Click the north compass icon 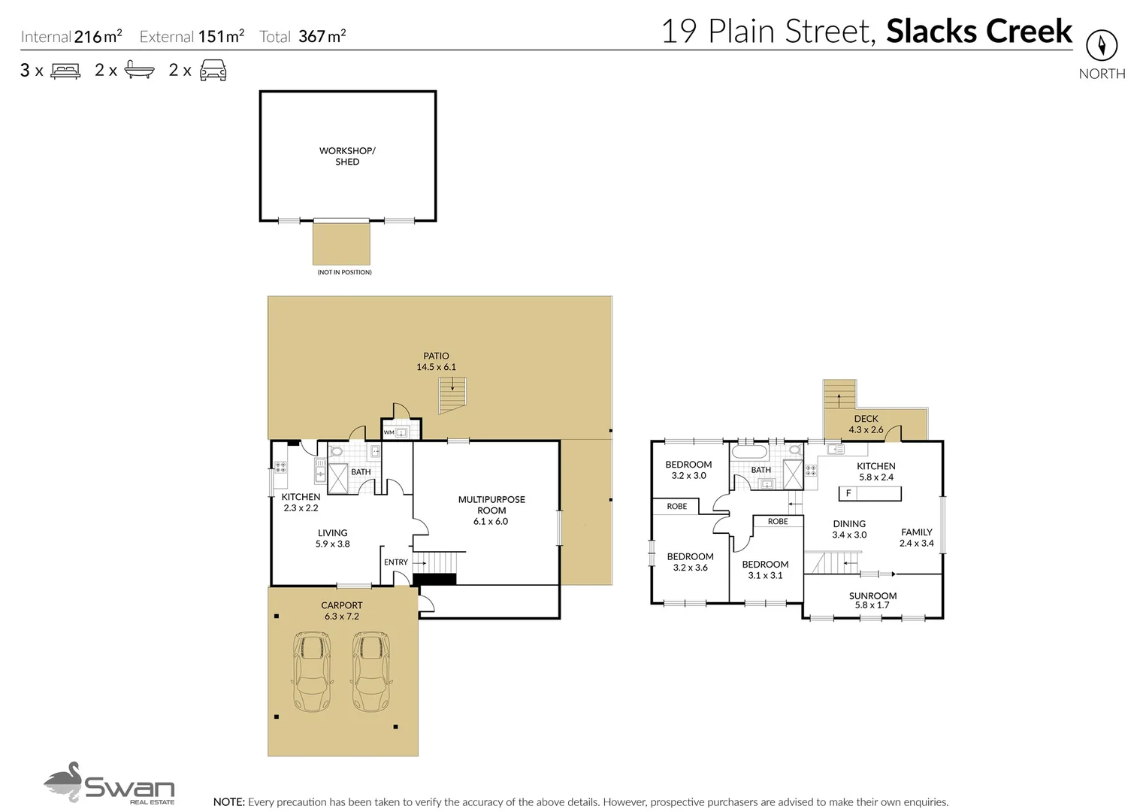1101,46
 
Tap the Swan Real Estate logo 109,783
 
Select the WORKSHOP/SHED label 347,156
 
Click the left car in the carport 311,671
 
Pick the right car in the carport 370,671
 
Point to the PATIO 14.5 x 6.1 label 436,362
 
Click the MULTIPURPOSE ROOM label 491,510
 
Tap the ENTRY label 395,562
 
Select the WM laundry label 389,432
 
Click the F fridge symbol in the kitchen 848,493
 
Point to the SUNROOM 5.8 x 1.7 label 872,600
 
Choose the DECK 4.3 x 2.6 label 866,424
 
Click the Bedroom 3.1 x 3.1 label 765,570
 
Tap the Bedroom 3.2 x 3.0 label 688,470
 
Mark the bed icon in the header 65,71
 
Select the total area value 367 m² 322,36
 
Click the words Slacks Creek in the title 978,32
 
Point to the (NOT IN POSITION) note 344,272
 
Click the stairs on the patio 452,395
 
